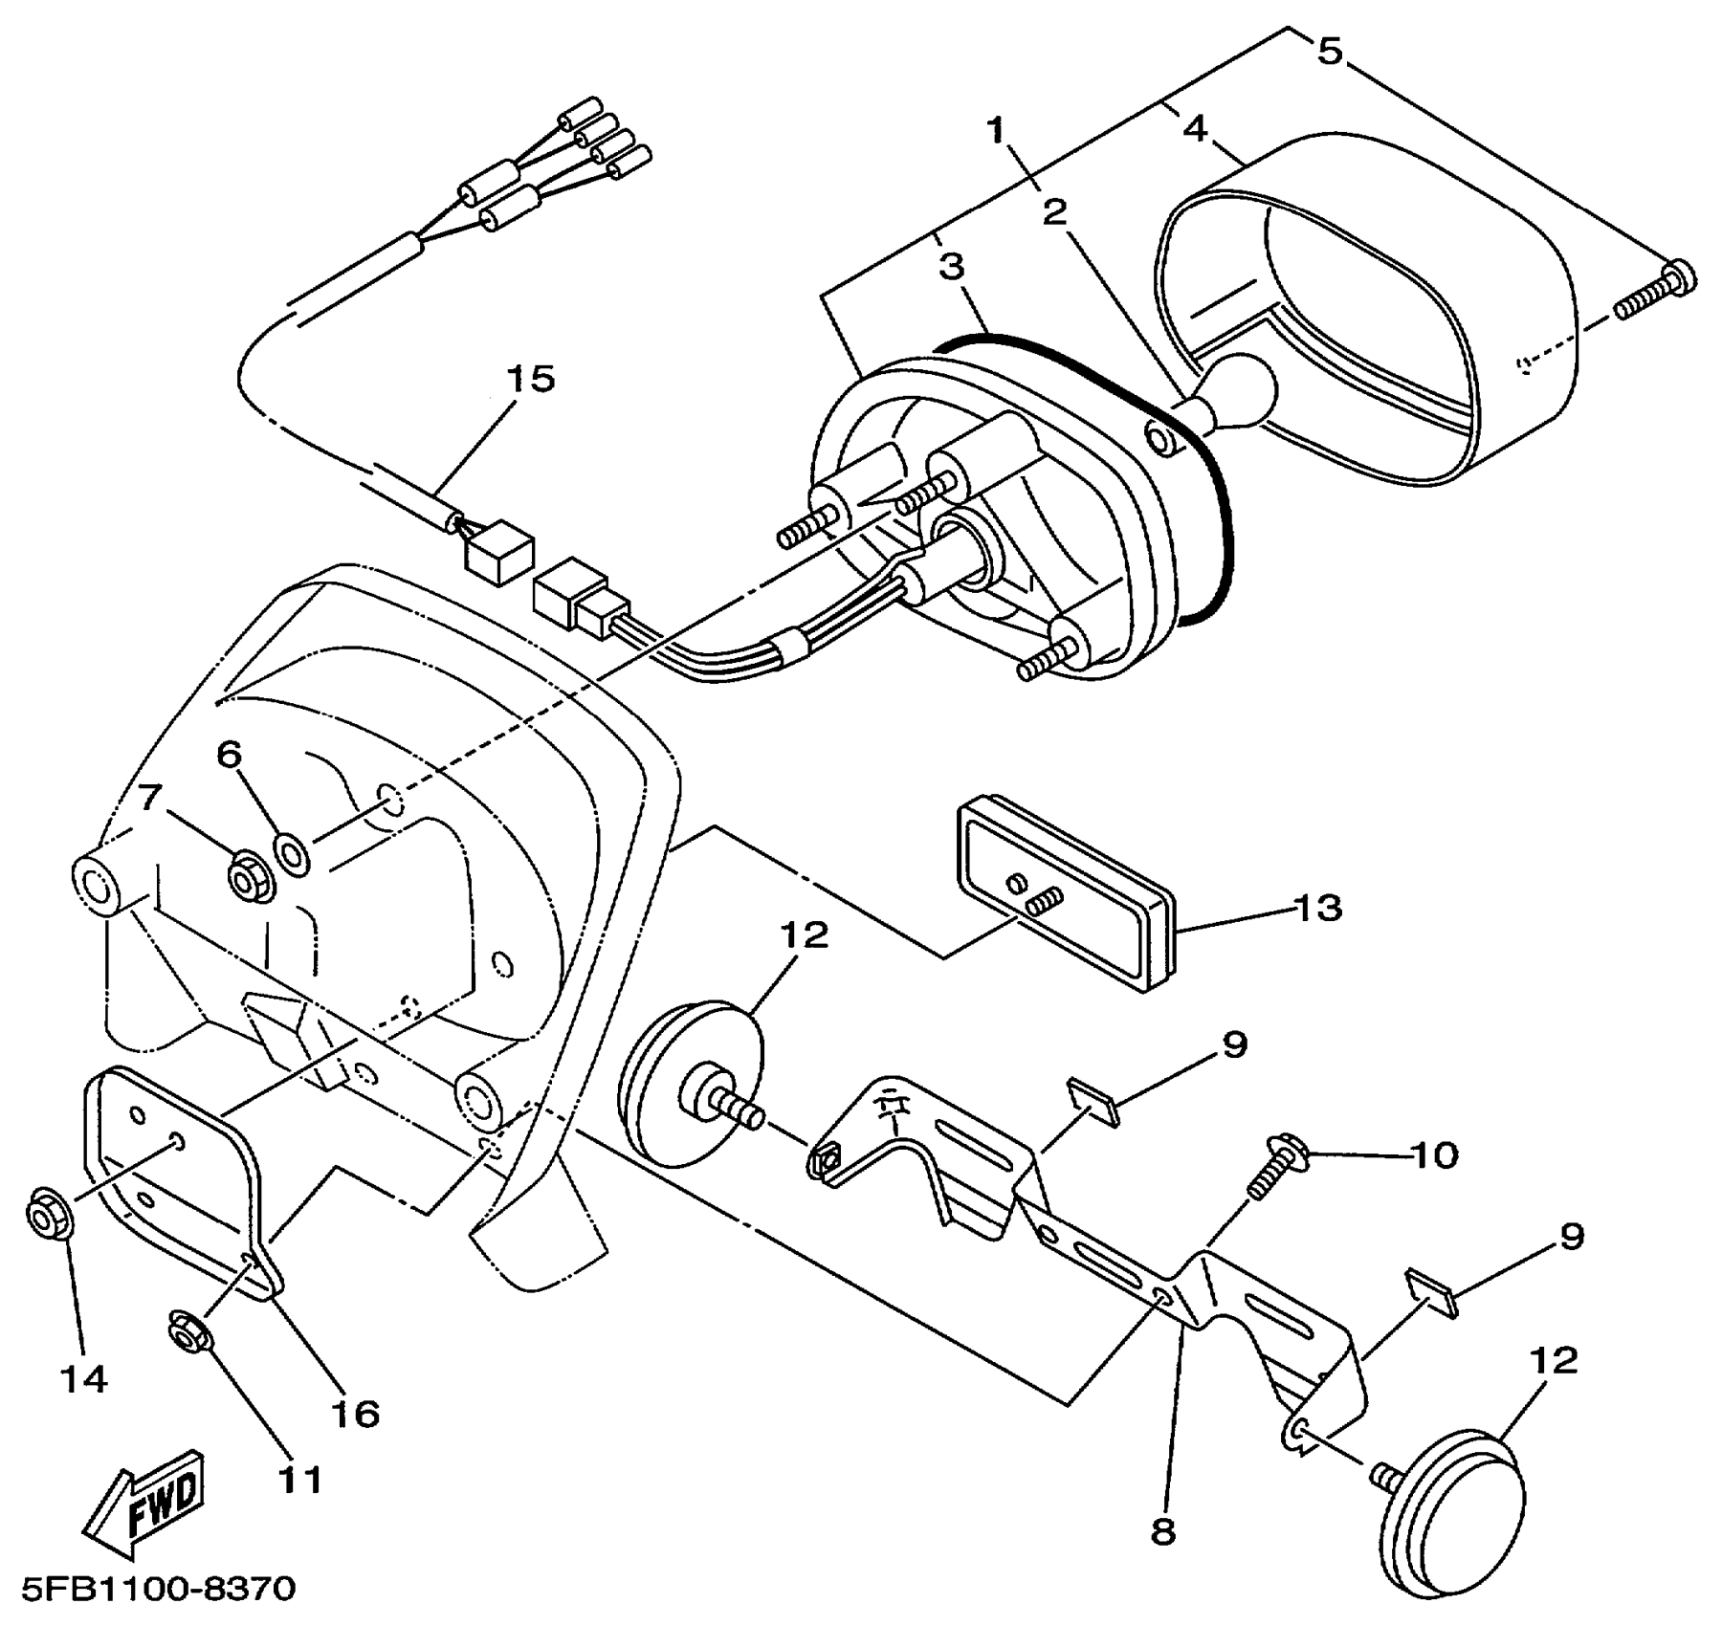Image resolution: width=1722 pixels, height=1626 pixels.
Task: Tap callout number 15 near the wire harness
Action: [x=531, y=379]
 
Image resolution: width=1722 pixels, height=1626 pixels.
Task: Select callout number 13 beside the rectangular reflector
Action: [x=1317, y=907]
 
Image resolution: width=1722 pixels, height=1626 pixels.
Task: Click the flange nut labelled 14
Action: [x=45, y=1216]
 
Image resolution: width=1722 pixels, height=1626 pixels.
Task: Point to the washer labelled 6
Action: [x=292, y=852]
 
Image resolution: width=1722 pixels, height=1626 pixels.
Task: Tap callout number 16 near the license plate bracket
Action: [x=355, y=1413]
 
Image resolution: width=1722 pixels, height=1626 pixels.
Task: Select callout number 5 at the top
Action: [x=1330, y=50]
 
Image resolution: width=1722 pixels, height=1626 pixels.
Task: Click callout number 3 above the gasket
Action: [x=952, y=267]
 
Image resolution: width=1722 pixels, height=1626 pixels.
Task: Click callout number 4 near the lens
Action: [x=1195, y=127]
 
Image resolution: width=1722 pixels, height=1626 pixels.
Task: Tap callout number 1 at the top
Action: [x=998, y=129]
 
